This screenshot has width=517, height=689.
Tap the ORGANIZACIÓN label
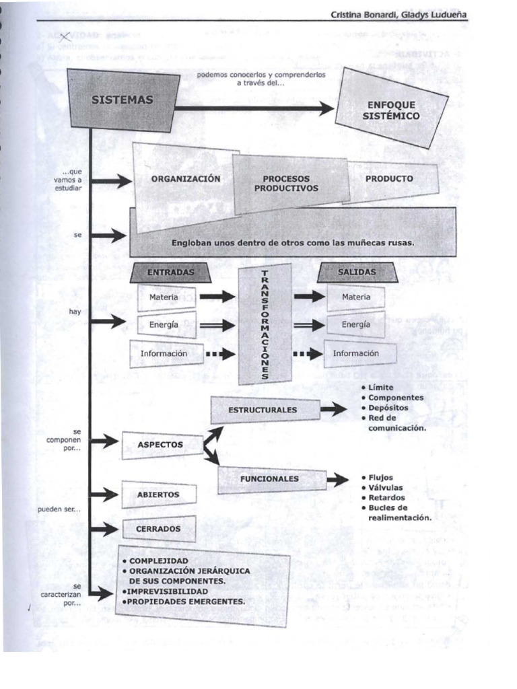tap(186, 179)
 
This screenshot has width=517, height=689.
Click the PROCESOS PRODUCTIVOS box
tap(286, 184)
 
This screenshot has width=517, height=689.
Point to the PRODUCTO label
tap(389, 179)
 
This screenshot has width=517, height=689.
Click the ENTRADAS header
tap(170, 272)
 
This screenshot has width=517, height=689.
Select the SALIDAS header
tap(357, 272)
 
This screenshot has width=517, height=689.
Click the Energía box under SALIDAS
tap(356, 324)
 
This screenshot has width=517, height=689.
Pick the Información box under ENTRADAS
tap(164, 353)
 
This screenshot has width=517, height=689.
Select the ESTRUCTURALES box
tap(263, 409)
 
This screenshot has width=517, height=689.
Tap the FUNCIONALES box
tap(269, 479)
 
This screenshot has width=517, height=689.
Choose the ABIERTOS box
tap(158, 495)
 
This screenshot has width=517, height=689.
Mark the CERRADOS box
tap(158, 529)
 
